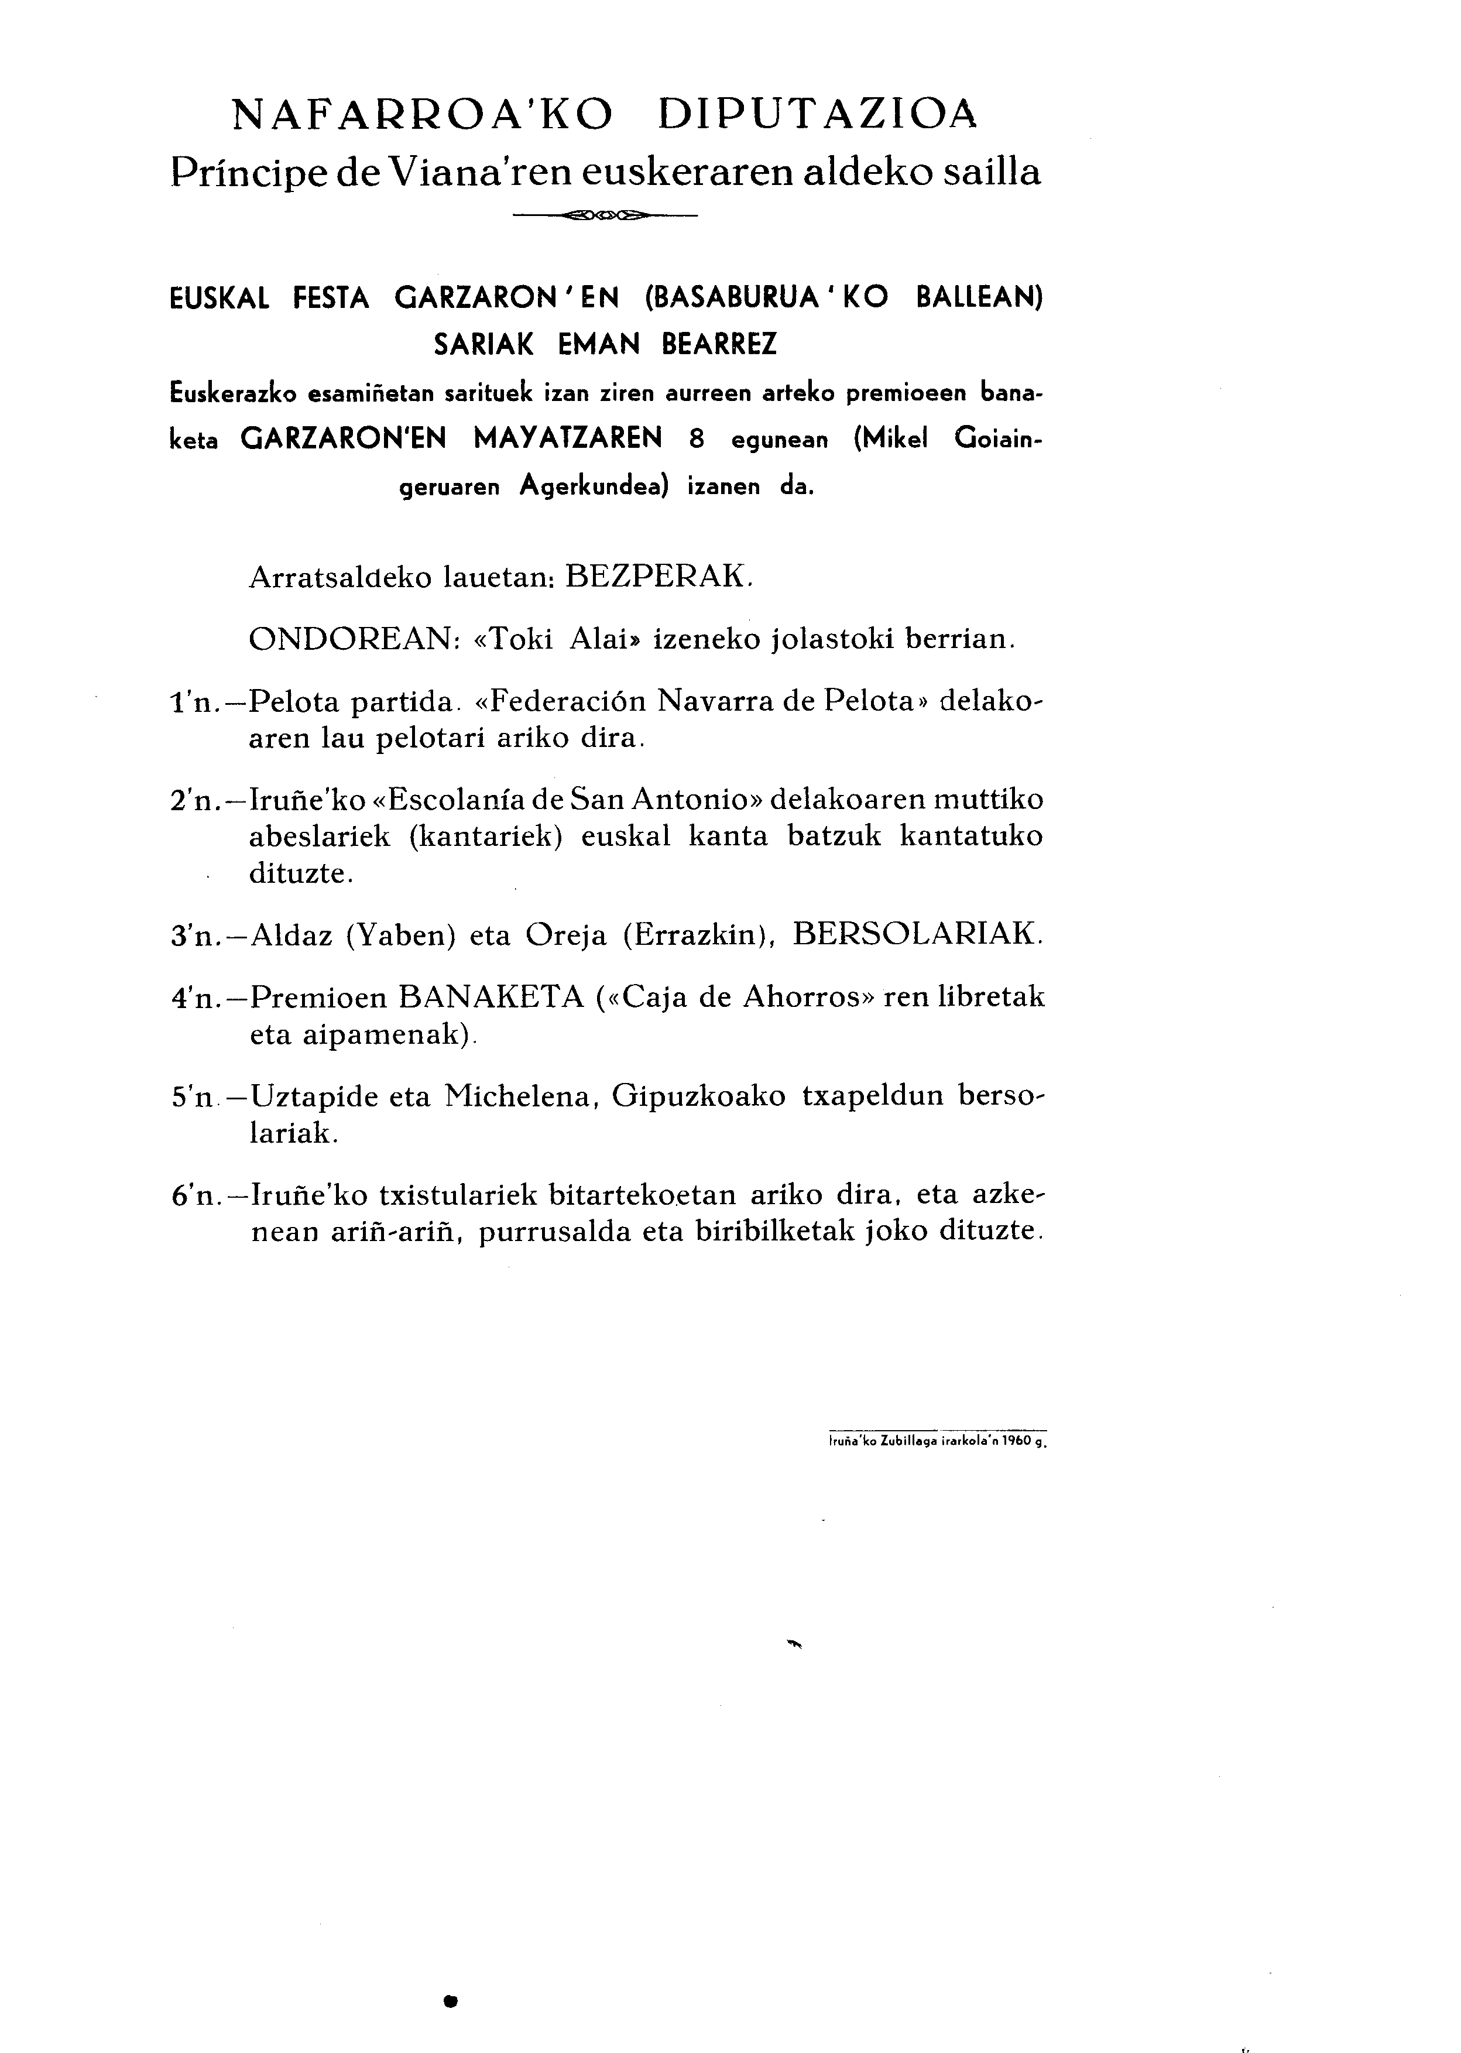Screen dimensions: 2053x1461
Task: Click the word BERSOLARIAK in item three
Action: click(x=918, y=935)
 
